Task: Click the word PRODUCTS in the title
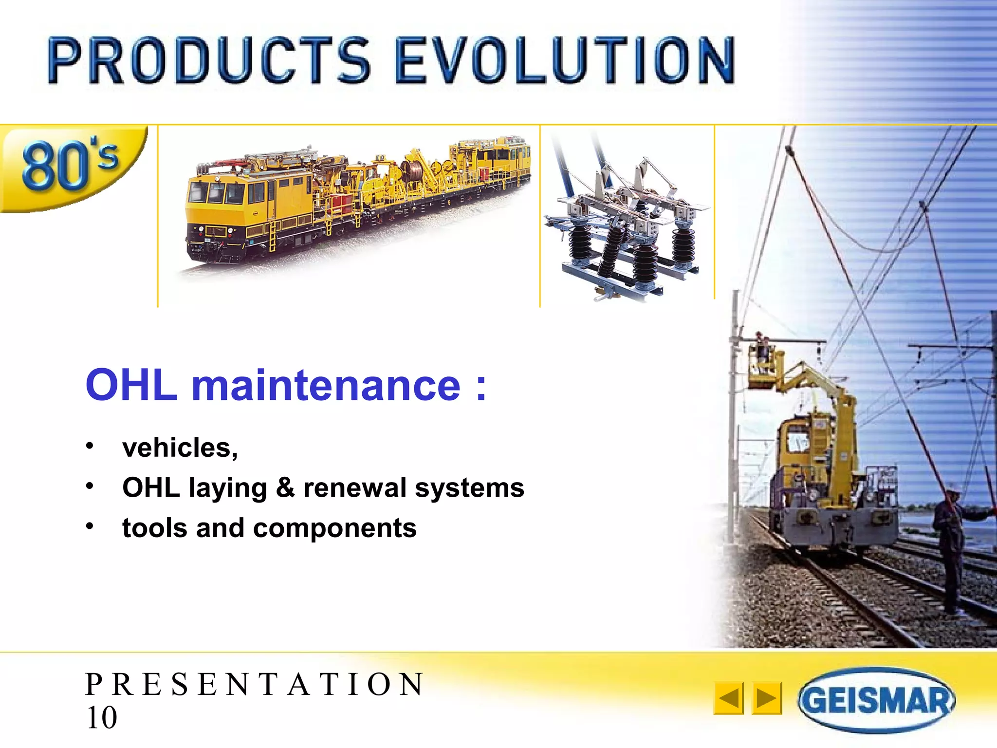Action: [x=209, y=61]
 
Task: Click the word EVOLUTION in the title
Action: [x=565, y=61]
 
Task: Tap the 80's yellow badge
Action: [x=71, y=166]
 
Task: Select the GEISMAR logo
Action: [x=876, y=700]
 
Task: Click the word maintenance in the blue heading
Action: [x=326, y=386]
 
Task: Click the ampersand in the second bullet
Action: [x=285, y=487]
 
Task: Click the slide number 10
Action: [x=101, y=717]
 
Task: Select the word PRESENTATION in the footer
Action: [x=254, y=684]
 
